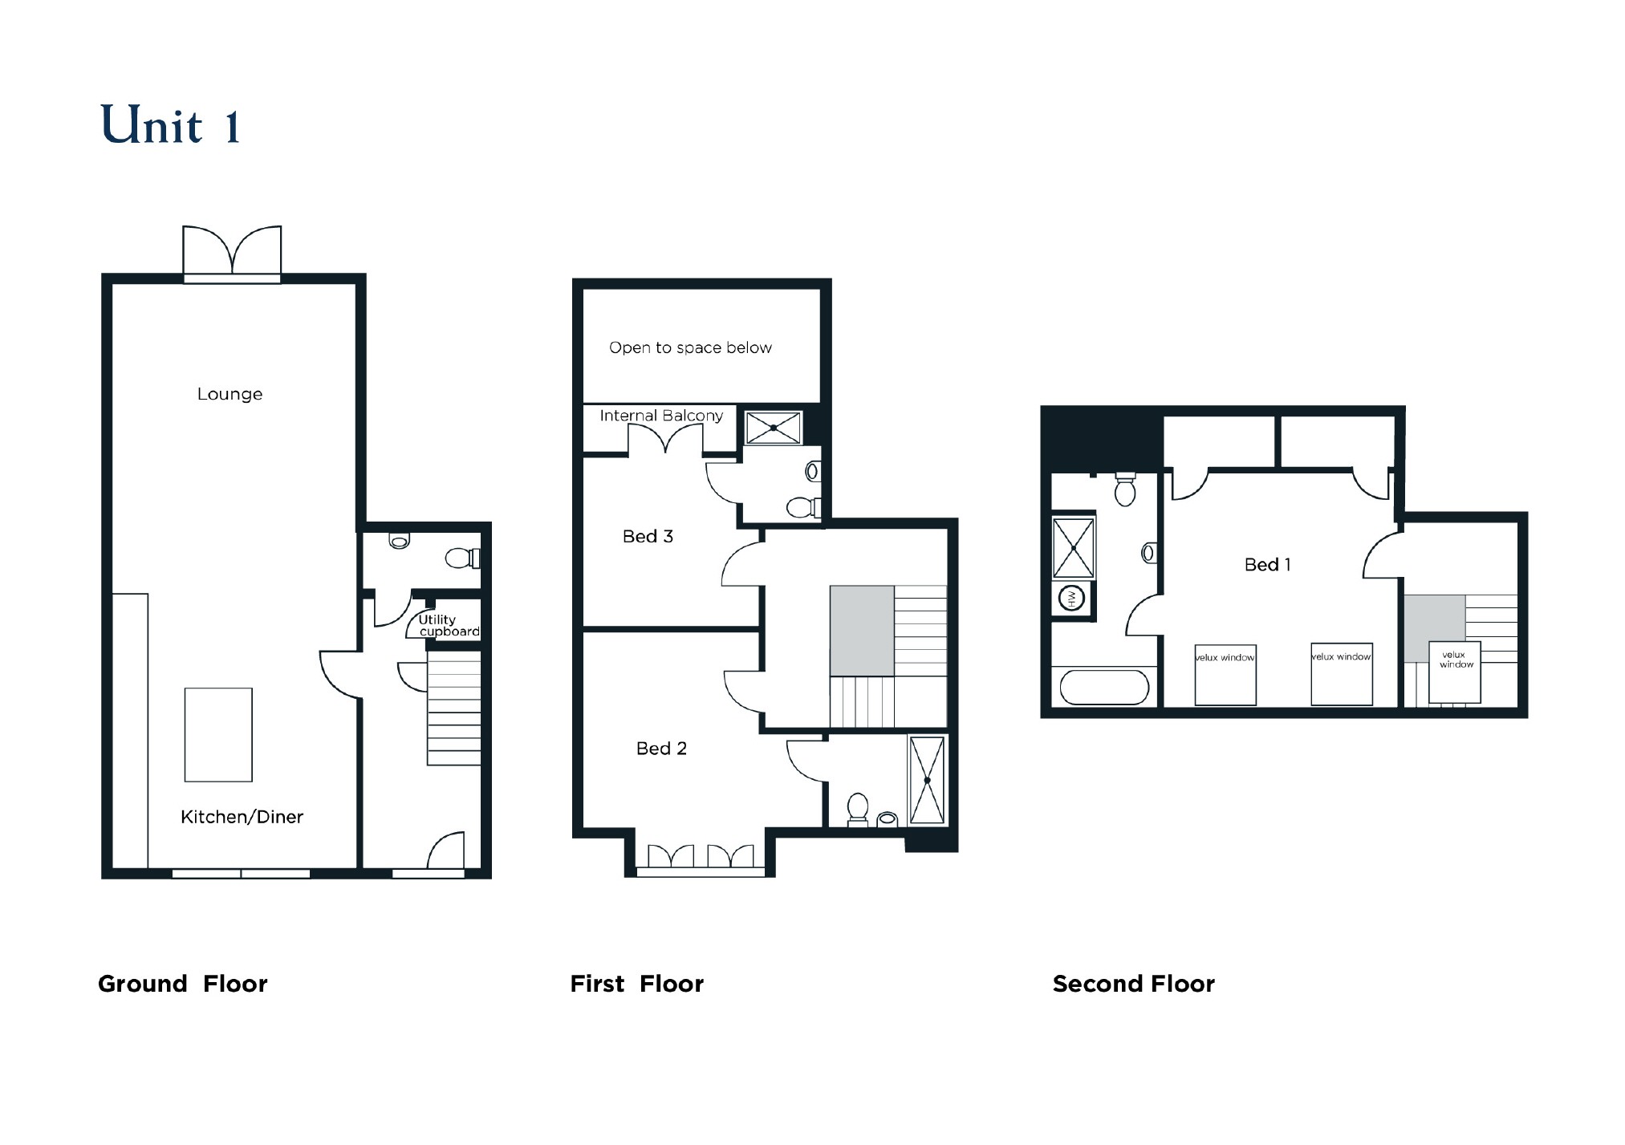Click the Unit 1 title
[x=170, y=126]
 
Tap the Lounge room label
[x=230, y=394]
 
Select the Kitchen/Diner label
[x=242, y=817]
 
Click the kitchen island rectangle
[x=218, y=734]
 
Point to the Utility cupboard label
[x=448, y=625]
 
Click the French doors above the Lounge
[x=232, y=252]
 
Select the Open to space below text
[x=690, y=347]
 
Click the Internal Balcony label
[x=661, y=416]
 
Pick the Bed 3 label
[x=648, y=536]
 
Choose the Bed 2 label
[x=661, y=749]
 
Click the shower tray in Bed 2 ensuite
[x=927, y=779]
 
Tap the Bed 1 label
[x=1267, y=565]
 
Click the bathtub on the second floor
[x=1104, y=688]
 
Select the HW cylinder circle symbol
[x=1072, y=598]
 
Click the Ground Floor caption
[x=182, y=984]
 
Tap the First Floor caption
[x=636, y=984]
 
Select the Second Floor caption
[x=1133, y=984]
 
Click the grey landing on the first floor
[x=862, y=631]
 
